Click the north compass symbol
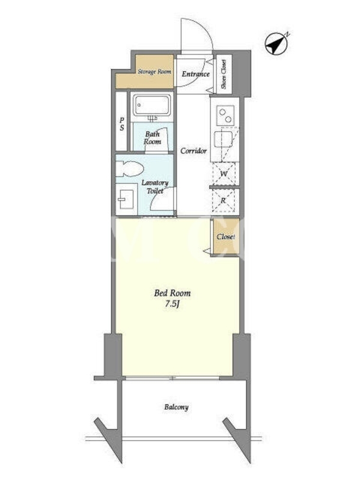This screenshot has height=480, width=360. tap(277, 43)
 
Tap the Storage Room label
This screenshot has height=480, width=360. tap(154, 71)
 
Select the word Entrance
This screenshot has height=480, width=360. tap(196, 74)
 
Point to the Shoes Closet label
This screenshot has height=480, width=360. tap(224, 74)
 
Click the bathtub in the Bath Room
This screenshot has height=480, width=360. tap(152, 106)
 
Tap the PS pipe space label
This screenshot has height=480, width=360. tap(122, 124)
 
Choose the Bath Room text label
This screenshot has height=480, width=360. tap(152, 138)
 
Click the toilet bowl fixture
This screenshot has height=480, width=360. tap(130, 169)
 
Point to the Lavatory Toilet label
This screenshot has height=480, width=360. tap(155, 187)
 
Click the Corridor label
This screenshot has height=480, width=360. tap(193, 151)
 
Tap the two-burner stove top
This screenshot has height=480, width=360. tap(226, 115)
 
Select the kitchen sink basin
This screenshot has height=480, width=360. tap(223, 139)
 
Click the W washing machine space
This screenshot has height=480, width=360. tap(224, 174)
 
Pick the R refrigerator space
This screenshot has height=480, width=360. tap(224, 201)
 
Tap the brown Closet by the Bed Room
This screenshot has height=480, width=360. tap(226, 236)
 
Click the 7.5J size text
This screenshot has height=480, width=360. tap(172, 304)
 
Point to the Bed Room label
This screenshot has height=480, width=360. tap(172, 293)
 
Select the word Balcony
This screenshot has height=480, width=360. tap(176, 407)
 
